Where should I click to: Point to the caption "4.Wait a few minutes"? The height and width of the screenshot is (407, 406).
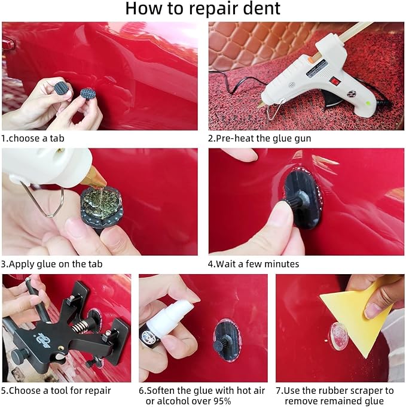(x=254, y=264)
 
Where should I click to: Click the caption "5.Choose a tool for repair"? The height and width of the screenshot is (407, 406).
(x=56, y=391)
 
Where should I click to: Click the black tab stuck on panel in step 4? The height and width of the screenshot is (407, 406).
(x=301, y=198)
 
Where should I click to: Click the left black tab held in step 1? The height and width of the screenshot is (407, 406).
(x=62, y=89)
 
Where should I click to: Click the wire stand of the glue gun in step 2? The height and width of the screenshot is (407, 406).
(x=274, y=110)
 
